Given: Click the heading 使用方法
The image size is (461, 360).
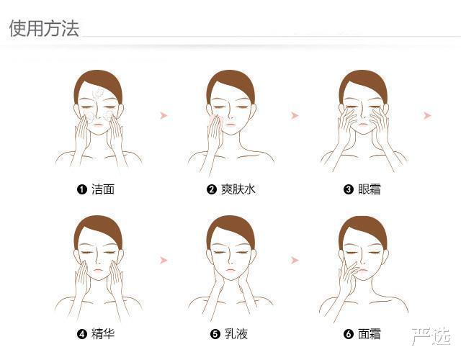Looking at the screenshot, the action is pyautogui.click(x=44, y=29).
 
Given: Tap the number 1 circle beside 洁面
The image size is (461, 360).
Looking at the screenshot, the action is pyautogui.click(x=81, y=189).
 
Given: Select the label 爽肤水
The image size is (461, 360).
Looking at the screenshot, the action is pyautogui.click(x=238, y=189).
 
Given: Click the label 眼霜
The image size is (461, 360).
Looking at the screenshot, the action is pyautogui.click(x=370, y=189).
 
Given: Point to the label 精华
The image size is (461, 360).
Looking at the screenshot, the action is pyautogui.click(x=103, y=334).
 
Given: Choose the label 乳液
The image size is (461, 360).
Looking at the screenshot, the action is pyautogui.click(x=236, y=334).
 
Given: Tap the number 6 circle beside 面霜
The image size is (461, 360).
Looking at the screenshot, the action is pyautogui.click(x=349, y=334).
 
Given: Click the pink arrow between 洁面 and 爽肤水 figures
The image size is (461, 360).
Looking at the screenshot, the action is pyautogui.click(x=164, y=115).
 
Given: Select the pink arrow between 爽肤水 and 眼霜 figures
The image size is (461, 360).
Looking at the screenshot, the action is pyautogui.click(x=295, y=115).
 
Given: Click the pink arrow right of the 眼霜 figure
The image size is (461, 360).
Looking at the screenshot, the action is pyautogui.click(x=427, y=115).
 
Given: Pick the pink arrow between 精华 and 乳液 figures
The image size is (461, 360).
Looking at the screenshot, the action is pyautogui.click(x=164, y=260).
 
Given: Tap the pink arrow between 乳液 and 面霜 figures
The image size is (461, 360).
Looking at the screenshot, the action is pyautogui.click(x=295, y=260).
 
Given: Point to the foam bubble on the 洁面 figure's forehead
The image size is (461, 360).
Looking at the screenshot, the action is pyautogui.click(x=97, y=93).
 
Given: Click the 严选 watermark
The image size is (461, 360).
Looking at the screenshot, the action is pyautogui.click(x=431, y=336).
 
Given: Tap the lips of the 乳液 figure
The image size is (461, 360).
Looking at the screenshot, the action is pyautogui.click(x=230, y=270).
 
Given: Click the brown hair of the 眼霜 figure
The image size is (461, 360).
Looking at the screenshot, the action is pyautogui.click(x=363, y=82).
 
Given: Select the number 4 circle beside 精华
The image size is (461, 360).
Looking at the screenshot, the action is pyautogui.click(x=81, y=334).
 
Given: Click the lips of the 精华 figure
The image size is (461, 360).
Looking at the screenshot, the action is pyautogui.click(x=98, y=270).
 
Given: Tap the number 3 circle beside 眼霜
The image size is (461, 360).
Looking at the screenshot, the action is pyautogui.click(x=349, y=189).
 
